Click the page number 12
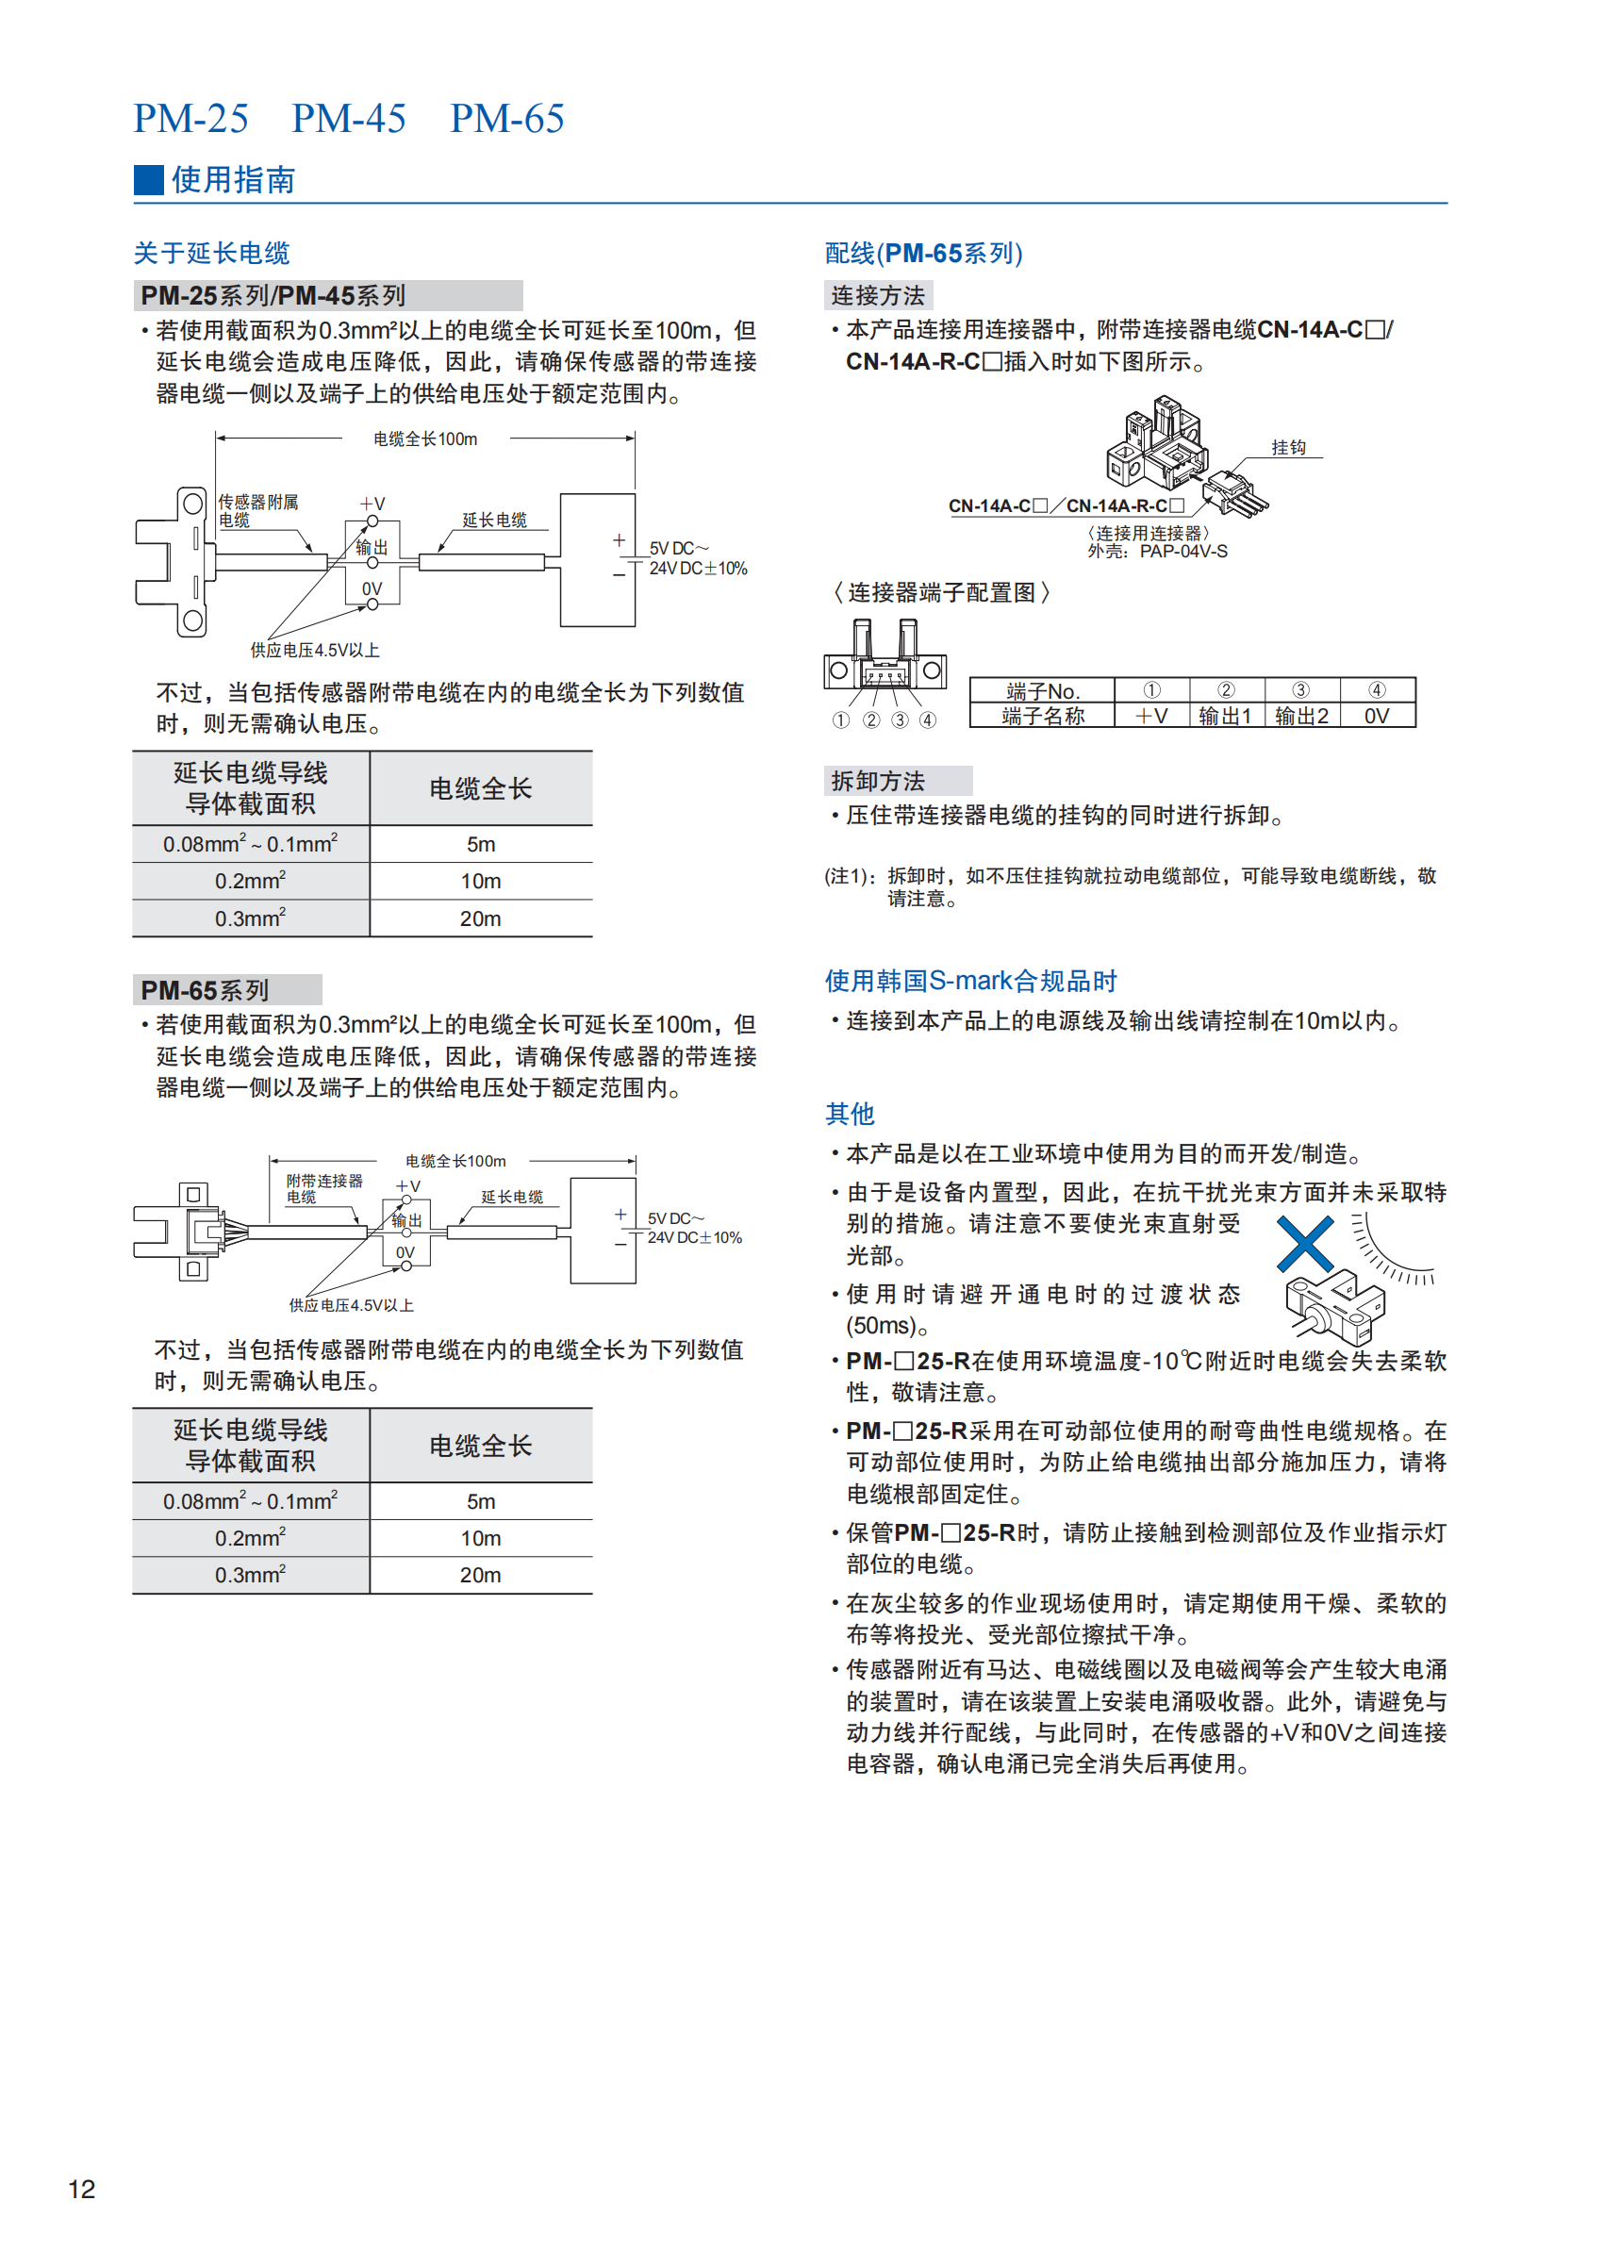81,2189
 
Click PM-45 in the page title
349,119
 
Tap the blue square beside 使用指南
148,180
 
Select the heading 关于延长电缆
211,253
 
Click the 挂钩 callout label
1288,447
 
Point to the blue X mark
1305,1244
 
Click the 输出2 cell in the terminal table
1300,716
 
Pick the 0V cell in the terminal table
1376,716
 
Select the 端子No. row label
1042,690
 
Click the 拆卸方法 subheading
878,782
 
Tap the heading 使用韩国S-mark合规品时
970,981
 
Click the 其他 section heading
850,1114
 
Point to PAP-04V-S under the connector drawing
1183,551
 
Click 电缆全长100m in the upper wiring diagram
424,438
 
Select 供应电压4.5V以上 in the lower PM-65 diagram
351,1305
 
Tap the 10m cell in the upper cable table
480,881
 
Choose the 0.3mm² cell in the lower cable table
250,1575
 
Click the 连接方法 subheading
878,295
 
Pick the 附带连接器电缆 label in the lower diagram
324,1188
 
